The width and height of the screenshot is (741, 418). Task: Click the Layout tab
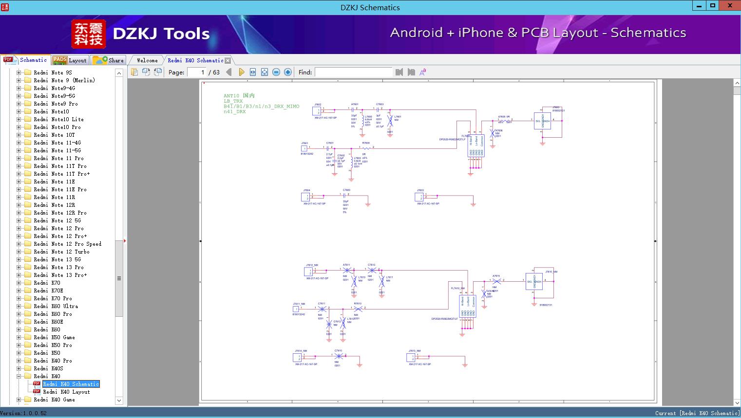70,60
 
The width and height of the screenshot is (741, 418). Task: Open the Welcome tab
147,60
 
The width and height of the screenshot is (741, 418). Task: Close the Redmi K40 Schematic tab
228,61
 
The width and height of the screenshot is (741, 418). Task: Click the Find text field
353,72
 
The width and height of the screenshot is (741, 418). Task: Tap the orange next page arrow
241,72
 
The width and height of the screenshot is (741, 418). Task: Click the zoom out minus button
276,72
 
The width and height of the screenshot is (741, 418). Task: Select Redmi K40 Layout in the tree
66,392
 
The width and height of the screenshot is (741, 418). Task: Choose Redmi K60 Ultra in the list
56,306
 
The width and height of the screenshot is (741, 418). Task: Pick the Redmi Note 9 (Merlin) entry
64,80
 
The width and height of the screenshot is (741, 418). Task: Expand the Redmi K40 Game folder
19,400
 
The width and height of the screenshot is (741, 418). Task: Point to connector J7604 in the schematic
305,197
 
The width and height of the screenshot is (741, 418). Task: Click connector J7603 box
419,197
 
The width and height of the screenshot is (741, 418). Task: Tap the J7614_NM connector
297,358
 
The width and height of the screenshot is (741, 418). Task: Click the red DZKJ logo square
88,34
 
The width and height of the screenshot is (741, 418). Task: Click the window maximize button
713,6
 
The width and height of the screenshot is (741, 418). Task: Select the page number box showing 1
197,72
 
